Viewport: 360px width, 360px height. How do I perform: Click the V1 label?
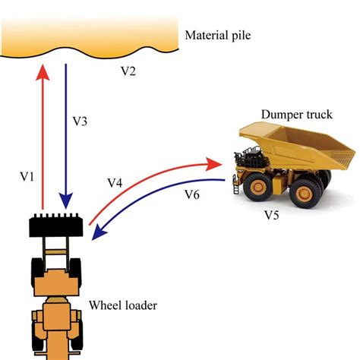(27, 177)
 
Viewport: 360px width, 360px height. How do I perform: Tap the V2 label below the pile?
(128, 71)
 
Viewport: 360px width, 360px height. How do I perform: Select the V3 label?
(80, 122)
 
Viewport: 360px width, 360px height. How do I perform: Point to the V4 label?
(115, 182)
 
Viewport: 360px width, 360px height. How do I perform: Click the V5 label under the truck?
(272, 215)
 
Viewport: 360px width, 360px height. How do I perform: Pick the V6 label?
(192, 194)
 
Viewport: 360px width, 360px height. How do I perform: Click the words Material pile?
(218, 36)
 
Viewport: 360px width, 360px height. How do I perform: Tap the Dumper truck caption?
(297, 115)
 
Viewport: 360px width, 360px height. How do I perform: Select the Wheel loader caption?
(123, 305)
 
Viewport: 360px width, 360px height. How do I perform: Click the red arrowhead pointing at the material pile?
(43, 72)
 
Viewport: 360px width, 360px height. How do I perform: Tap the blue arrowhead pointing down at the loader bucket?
(66, 201)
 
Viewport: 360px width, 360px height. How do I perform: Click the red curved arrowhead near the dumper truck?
(213, 164)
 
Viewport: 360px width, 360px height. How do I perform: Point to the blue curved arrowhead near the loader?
(99, 233)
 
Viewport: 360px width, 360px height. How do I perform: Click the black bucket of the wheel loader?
(56, 226)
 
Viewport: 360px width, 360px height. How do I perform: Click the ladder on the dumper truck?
(236, 185)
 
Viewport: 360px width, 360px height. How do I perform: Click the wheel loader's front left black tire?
(37, 270)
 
